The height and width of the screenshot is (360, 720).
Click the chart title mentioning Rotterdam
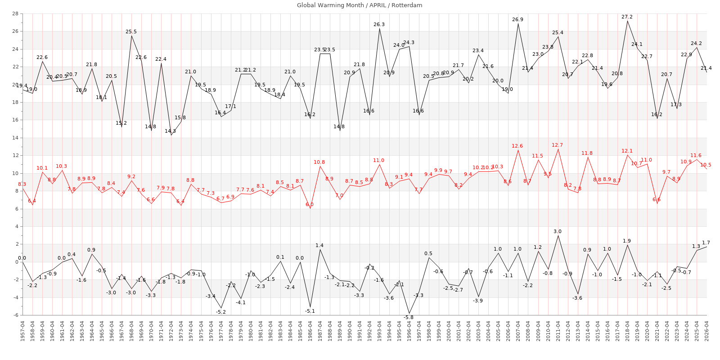(x=360, y=5)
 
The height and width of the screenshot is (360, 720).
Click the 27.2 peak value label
(x=627, y=17)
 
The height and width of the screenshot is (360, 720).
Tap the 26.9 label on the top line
(x=517, y=20)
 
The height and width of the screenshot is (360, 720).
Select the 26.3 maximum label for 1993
(x=379, y=25)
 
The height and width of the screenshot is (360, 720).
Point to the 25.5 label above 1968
(x=131, y=32)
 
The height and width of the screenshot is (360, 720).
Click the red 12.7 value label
(x=557, y=145)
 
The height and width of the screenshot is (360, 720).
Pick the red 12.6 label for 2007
(x=517, y=146)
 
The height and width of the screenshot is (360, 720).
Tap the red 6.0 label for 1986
(x=310, y=205)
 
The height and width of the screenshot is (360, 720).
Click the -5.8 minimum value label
(x=408, y=318)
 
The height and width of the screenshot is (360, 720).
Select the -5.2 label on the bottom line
(x=220, y=312)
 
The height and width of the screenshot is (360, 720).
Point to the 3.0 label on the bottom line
(x=558, y=232)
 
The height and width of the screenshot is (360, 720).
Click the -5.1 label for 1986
(x=310, y=311)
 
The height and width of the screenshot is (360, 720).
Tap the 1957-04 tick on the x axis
(x=22, y=331)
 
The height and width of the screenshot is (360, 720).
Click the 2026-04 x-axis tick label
(x=706, y=331)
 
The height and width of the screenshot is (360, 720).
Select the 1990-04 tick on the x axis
(x=349, y=331)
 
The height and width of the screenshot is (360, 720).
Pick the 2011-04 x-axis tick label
(x=558, y=331)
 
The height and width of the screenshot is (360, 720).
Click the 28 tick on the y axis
(x=15, y=14)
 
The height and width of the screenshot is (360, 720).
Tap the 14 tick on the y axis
(x=15, y=138)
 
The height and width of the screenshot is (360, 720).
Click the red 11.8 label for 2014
(x=587, y=153)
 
